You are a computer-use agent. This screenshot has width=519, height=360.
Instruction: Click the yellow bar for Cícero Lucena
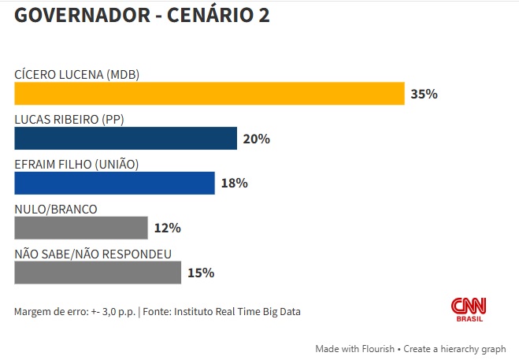(x=209, y=94)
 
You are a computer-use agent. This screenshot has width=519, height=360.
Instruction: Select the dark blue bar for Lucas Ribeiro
(x=125, y=139)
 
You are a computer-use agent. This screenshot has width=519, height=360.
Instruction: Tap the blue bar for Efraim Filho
(x=114, y=183)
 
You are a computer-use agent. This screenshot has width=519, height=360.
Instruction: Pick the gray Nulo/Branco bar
(x=81, y=228)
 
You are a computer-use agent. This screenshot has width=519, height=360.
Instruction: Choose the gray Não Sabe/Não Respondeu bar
(x=98, y=273)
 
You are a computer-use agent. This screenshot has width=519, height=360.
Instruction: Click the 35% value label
(x=424, y=95)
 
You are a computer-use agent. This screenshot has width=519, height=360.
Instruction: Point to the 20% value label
(x=256, y=139)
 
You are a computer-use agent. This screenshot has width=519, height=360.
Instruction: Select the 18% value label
(x=234, y=184)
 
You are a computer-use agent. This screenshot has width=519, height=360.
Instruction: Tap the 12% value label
(x=168, y=228)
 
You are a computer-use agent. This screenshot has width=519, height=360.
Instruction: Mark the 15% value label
(x=201, y=273)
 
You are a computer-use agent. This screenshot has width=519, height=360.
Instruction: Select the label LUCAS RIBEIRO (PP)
(x=69, y=120)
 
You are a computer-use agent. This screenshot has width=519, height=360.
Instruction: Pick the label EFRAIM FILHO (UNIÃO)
(x=76, y=164)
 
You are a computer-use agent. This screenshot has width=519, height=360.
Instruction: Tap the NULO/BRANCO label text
(x=56, y=209)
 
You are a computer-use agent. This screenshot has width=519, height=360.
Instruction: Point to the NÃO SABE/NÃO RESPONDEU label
(x=93, y=254)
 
